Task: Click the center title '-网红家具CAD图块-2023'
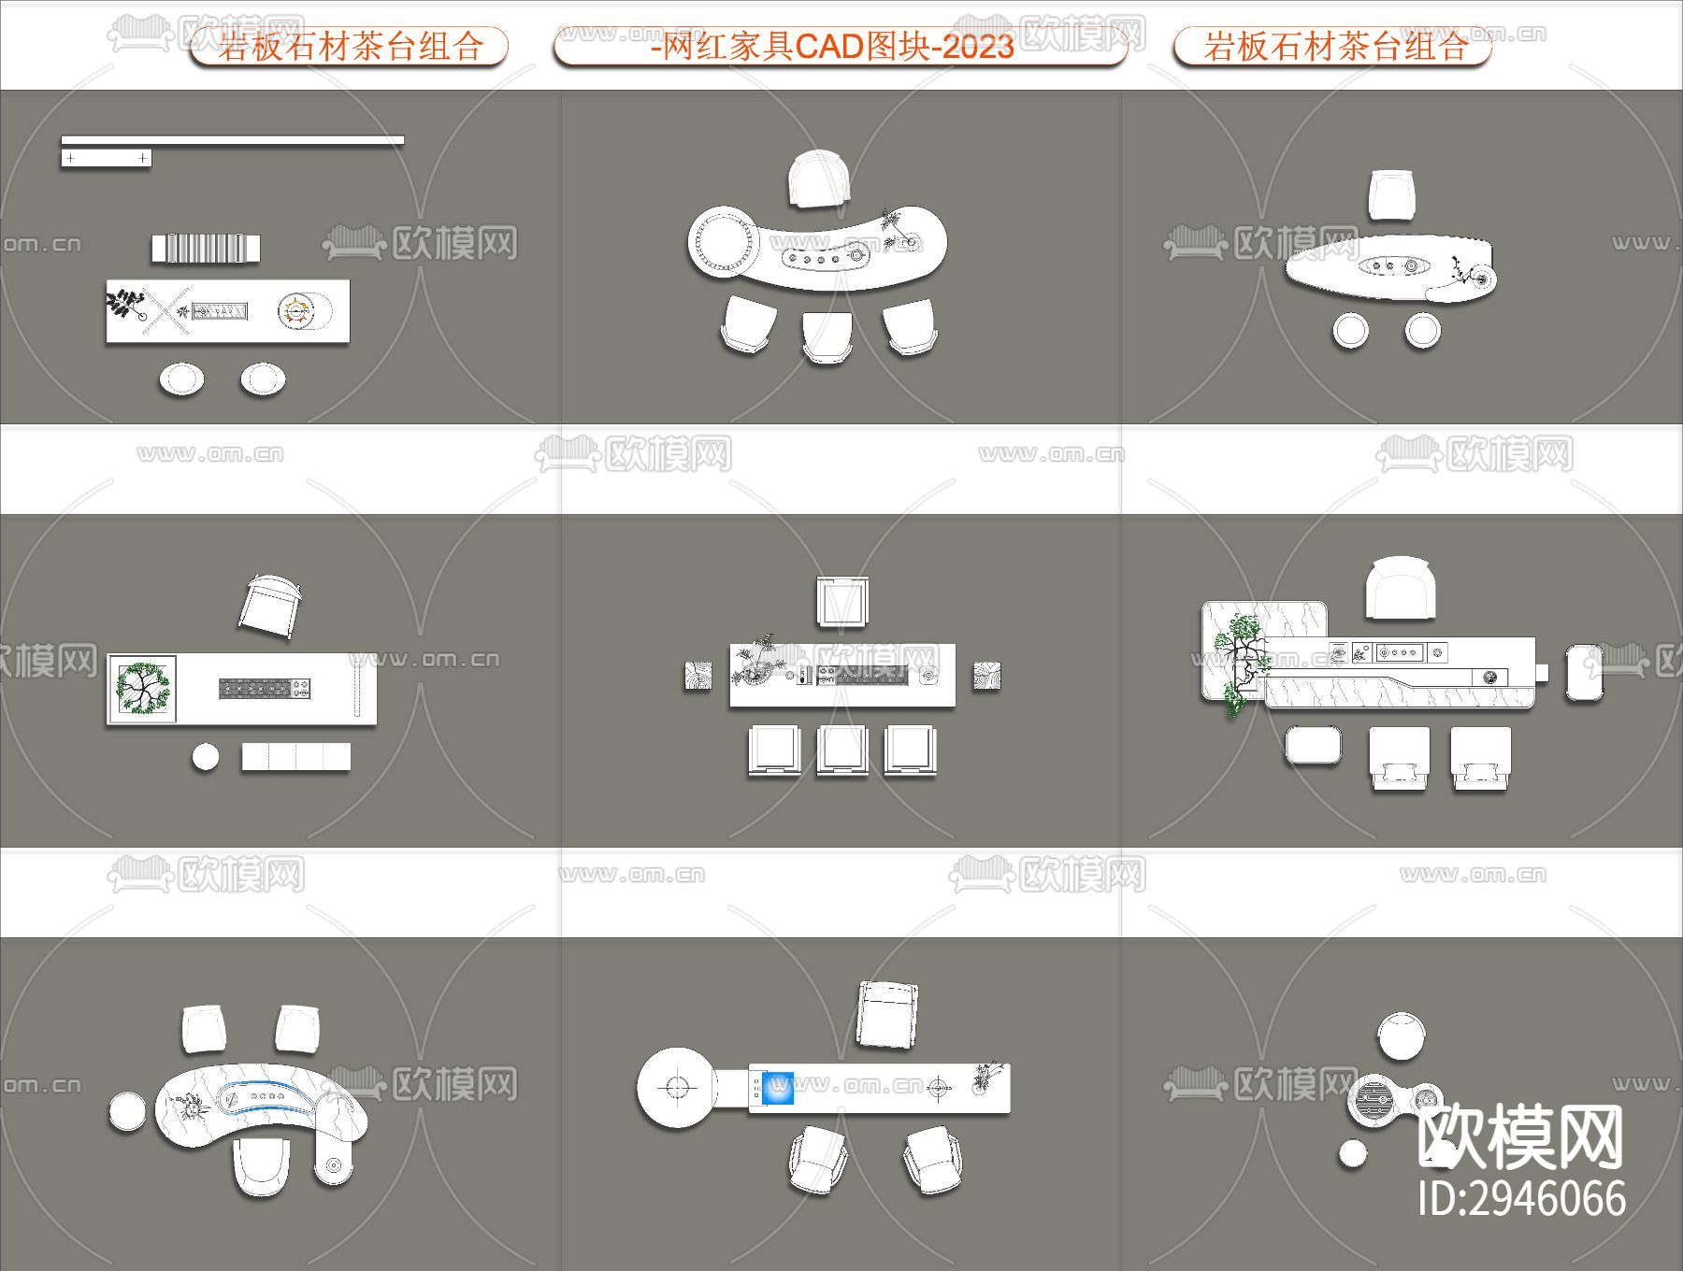tap(832, 46)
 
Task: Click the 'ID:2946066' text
tap(1520, 1199)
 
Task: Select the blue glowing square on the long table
tap(777, 1088)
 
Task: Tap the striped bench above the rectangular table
tap(206, 249)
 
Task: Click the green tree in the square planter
tap(143, 688)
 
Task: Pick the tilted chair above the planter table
tap(270, 606)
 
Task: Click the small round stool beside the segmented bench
tap(206, 756)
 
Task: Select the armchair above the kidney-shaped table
tap(819, 179)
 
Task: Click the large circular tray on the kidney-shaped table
tap(722, 240)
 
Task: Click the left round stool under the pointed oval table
tap(1350, 330)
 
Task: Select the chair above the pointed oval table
tap(1391, 194)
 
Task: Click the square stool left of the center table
tap(698, 676)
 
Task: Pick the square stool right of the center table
tap(985, 676)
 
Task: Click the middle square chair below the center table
tap(841, 750)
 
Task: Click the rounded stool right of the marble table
tap(1585, 672)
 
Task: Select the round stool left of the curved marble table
tap(127, 1111)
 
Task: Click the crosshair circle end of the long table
tap(677, 1088)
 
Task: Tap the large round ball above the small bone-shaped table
tap(1401, 1035)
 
